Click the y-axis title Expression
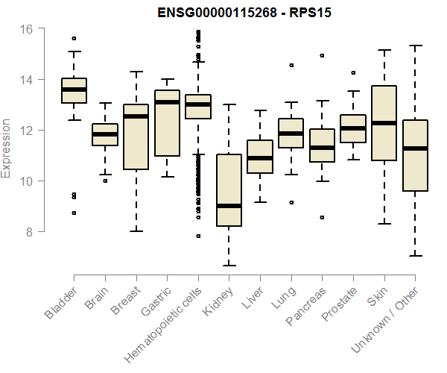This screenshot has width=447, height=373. coord(7,148)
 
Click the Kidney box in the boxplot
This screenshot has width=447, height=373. coord(229,190)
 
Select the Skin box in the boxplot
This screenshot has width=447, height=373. coord(384,123)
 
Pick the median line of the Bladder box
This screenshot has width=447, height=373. coord(74,90)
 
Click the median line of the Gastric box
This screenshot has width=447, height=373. coord(167,102)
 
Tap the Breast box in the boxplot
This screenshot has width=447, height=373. coord(136,138)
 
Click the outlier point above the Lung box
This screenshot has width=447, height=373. coord(291,65)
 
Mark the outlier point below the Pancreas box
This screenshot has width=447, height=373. coord(322,218)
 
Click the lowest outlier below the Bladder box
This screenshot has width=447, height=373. coord(74,213)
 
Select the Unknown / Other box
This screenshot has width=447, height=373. coord(414,155)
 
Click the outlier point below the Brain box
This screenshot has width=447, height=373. coord(104,181)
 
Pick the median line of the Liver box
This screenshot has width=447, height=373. coord(260,158)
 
